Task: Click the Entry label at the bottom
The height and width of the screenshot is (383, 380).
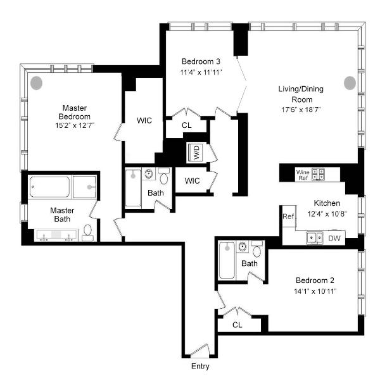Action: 200,367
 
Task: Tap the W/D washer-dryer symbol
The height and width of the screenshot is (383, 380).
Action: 195,153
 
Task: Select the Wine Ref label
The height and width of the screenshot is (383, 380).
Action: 303,175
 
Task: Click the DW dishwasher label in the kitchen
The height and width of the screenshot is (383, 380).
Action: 334,238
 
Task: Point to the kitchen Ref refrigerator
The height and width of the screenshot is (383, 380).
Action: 288,216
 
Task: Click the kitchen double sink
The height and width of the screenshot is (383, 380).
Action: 315,237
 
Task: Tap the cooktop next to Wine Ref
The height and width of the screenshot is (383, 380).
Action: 318,174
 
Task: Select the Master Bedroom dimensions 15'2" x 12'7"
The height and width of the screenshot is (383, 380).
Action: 75,125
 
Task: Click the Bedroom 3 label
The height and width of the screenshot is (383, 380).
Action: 201,61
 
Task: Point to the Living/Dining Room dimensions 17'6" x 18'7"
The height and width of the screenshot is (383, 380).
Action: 301,110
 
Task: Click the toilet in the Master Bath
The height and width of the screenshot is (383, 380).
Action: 87,233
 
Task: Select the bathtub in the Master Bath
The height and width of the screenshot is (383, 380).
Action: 49,187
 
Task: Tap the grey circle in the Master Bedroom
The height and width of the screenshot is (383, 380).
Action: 36,83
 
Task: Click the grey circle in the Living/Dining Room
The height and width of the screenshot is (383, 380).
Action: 350,83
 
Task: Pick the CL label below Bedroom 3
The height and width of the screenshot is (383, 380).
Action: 187,125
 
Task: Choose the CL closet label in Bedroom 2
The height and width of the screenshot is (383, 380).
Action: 237,325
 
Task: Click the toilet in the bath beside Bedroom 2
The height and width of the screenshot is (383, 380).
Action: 256,249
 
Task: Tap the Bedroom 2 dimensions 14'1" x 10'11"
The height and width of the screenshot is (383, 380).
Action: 315,291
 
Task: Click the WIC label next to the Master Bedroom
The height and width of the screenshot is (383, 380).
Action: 144,120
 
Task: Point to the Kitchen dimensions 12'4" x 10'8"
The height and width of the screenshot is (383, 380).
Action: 327,214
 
